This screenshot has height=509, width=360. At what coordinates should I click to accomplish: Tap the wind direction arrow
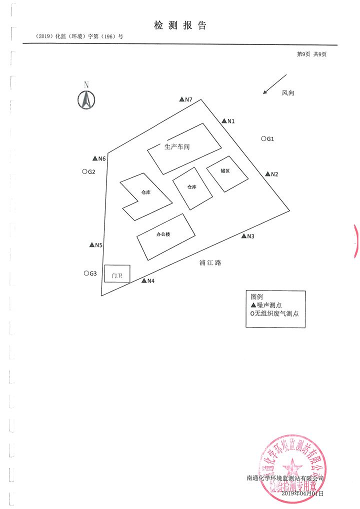point(274,84)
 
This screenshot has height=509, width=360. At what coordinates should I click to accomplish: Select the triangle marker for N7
point(182,99)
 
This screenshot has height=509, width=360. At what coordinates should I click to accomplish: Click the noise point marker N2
point(267,173)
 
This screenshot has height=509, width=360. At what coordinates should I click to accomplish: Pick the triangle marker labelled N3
point(243,236)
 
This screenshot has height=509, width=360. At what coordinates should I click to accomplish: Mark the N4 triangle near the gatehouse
point(144,280)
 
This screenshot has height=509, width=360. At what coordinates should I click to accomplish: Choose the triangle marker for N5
point(91,245)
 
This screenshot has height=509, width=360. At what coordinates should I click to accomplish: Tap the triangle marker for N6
point(95,158)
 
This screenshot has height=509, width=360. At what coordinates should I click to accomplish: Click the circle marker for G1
point(263,139)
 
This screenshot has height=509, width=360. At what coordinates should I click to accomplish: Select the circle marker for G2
point(84,171)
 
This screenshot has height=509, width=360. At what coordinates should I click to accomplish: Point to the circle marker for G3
point(86,273)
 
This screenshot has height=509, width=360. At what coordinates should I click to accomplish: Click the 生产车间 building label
point(177,146)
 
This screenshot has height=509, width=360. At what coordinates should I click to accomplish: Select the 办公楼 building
point(166,236)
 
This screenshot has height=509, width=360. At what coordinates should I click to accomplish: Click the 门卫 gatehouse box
point(117,274)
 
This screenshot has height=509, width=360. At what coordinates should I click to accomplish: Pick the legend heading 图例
point(256,296)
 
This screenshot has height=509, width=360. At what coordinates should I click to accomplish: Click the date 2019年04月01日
point(303,493)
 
